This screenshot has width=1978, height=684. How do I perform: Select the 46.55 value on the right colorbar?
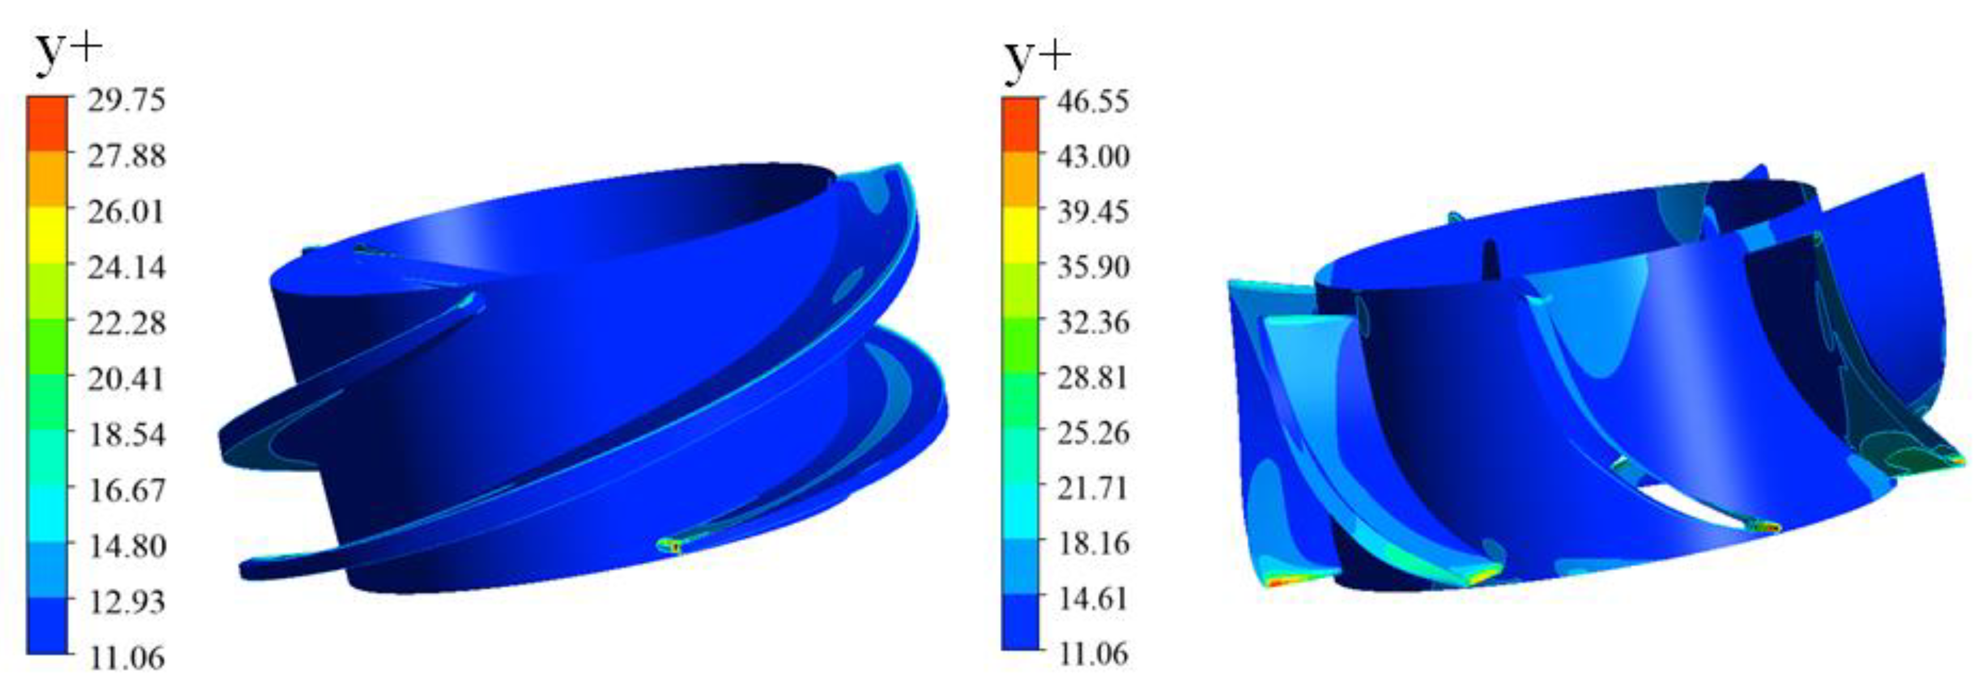(1093, 100)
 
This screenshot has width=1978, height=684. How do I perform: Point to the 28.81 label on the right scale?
(1093, 378)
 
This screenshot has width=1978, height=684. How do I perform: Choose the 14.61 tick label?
(1093, 599)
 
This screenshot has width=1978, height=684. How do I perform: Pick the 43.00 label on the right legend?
(1093, 156)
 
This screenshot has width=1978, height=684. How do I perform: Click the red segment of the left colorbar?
(47, 123)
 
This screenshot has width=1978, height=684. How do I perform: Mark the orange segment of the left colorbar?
(47, 178)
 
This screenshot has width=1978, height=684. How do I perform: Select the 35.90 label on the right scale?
(1093, 267)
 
